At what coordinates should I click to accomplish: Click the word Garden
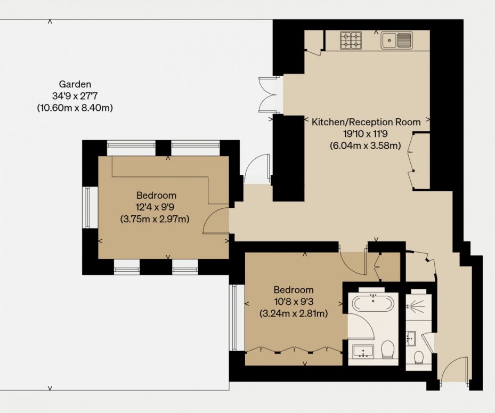(75, 84)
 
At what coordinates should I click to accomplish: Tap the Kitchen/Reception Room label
(366, 122)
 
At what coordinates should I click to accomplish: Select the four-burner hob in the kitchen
(351, 41)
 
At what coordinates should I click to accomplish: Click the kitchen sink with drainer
(396, 41)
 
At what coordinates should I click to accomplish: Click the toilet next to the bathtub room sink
(387, 350)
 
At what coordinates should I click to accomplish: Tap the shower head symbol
(415, 306)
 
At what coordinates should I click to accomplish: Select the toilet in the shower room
(419, 358)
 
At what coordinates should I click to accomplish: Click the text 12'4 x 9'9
(155, 207)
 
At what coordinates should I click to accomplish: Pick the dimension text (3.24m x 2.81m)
(294, 313)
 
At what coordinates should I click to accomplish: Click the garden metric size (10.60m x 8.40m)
(75, 108)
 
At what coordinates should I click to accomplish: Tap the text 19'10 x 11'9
(365, 134)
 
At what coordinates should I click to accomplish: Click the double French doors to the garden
(267, 95)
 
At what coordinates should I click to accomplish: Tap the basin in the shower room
(410, 338)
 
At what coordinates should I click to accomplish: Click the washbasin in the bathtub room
(363, 352)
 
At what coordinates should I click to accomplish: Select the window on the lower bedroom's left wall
(233, 317)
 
